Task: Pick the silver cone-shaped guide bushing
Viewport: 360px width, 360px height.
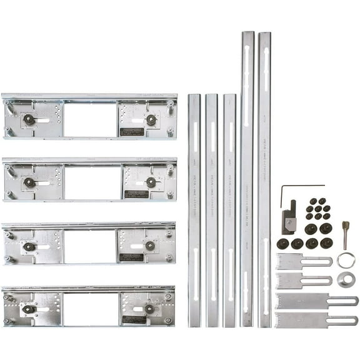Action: [346, 279]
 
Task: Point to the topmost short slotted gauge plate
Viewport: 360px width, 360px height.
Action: [302, 261]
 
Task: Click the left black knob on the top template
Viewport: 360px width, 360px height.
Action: [29, 119]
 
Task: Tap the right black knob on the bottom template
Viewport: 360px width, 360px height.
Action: [149, 309]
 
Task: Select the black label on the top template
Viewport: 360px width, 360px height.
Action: [132, 132]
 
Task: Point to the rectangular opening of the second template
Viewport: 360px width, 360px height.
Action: [90, 183]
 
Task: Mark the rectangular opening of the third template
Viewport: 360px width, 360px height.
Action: [90, 246]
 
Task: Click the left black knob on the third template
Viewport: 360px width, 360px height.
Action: [29, 247]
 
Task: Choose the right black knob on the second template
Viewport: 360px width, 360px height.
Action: [151, 182]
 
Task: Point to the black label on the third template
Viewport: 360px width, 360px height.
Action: [131, 257]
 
